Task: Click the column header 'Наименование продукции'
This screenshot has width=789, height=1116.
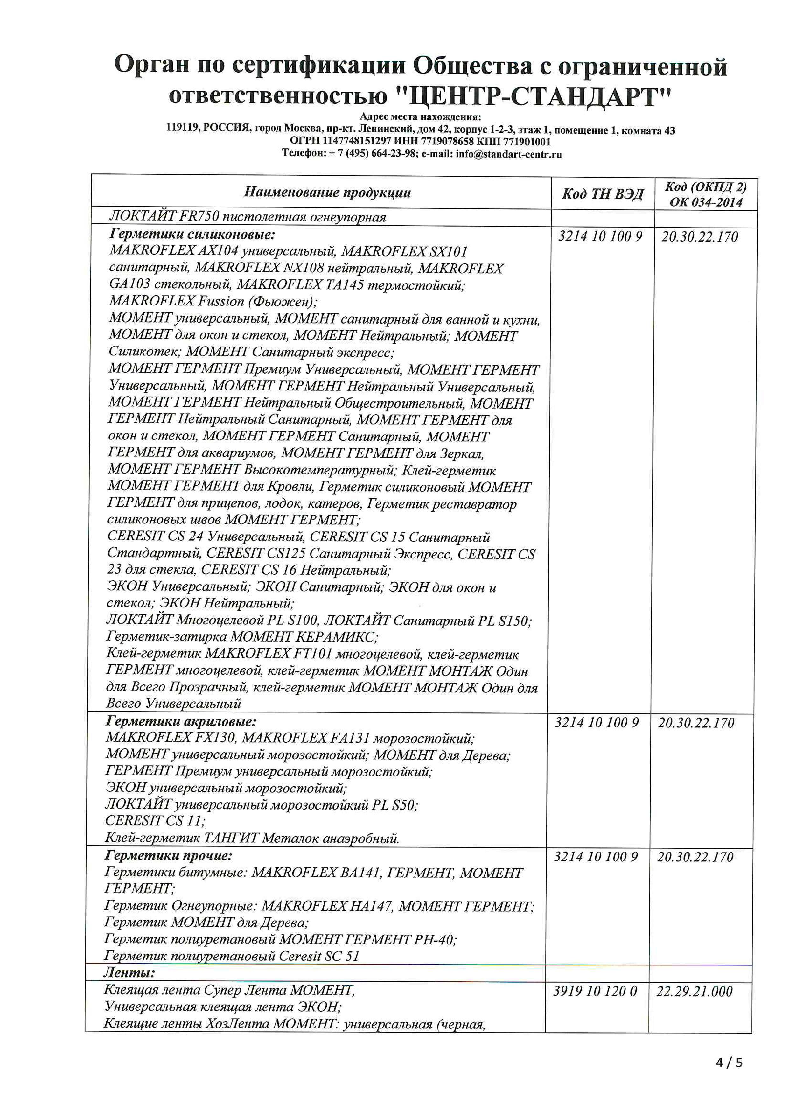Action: [x=327, y=193]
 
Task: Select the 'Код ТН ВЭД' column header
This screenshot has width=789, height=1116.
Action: [x=603, y=194]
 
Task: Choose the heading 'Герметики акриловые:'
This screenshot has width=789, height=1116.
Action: [x=181, y=721]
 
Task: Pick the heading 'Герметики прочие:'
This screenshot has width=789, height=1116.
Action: [x=169, y=856]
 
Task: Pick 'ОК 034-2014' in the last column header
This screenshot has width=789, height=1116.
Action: [x=706, y=202]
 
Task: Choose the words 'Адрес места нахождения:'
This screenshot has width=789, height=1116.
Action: [x=420, y=117]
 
